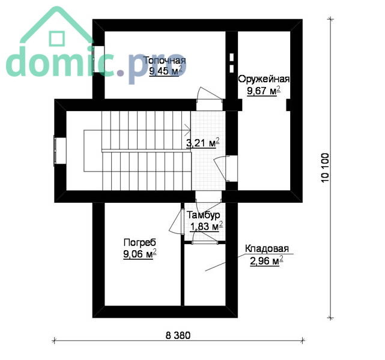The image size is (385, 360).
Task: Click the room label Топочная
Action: (x=164, y=60)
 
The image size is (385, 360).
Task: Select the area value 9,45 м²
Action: (x=166, y=71)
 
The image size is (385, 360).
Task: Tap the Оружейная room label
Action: (x=264, y=79)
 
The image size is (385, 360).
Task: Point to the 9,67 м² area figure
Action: (x=264, y=91)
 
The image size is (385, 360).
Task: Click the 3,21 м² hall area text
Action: (x=203, y=143)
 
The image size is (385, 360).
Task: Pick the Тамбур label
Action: (x=204, y=215)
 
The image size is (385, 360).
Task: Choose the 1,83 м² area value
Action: (x=207, y=226)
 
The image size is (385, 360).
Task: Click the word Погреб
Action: (x=140, y=242)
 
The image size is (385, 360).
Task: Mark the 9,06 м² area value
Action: (x=140, y=254)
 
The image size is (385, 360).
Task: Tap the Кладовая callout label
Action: (x=267, y=248)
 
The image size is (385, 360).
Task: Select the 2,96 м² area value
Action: (x=267, y=260)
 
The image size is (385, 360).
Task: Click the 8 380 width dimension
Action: (x=178, y=335)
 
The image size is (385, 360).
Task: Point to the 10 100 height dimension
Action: (x=325, y=167)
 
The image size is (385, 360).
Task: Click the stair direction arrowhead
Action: (x=189, y=130)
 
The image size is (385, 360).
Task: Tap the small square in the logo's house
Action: (x=57, y=39)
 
